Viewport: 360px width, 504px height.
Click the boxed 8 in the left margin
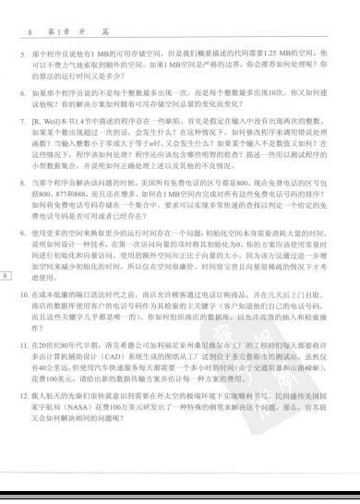[6, 249]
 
